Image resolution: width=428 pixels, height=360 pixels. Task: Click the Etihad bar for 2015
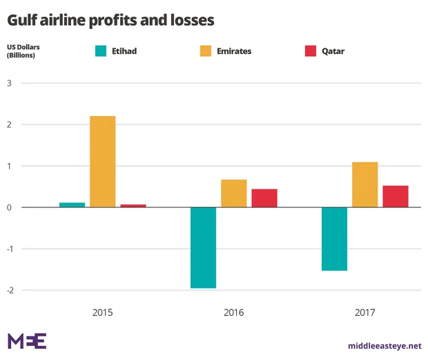click(x=72, y=205)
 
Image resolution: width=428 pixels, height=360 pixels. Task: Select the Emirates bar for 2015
click(x=103, y=162)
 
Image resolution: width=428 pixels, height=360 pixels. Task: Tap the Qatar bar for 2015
click(x=133, y=205)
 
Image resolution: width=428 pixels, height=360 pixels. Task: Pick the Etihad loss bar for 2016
click(x=204, y=247)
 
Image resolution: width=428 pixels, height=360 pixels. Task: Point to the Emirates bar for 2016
click(x=234, y=193)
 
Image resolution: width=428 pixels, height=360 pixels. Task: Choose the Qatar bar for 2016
click(x=264, y=198)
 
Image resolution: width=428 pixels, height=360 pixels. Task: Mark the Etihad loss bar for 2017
click(x=335, y=239)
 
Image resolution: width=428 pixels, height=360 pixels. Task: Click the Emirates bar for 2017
click(x=365, y=184)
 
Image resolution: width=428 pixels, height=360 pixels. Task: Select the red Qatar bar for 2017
click(x=396, y=196)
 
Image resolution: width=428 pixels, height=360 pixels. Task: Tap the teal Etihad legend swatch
click(x=101, y=50)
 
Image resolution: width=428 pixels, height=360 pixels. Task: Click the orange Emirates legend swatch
click(x=205, y=50)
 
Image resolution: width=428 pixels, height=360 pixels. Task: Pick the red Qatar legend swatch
click(x=310, y=50)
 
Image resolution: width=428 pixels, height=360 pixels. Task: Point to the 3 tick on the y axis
click(x=10, y=84)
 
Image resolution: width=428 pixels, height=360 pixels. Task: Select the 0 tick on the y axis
click(x=10, y=207)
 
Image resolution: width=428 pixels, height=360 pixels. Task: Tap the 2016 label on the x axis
click(x=234, y=312)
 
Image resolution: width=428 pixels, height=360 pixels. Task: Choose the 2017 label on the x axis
click(x=365, y=312)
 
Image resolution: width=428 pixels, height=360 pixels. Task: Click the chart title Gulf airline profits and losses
click(x=110, y=20)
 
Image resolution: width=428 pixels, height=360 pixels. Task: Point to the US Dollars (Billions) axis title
click(x=25, y=51)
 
